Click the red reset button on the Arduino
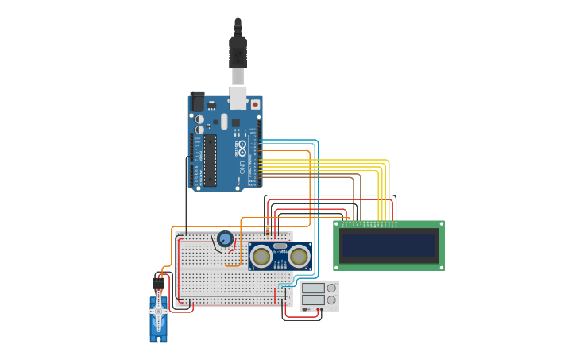click(x=255, y=103)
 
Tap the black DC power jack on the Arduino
click(x=197, y=103)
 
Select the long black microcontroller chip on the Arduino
click(x=210, y=160)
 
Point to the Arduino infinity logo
click(x=242, y=149)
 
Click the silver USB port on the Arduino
click(x=238, y=96)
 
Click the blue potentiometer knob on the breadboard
click(x=225, y=238)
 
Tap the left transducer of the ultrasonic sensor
click(x=261, y=256)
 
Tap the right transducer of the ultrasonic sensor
click(x=299, y=256)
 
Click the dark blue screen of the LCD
click(x=389, y=246)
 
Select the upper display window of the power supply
click(x=313, y=288)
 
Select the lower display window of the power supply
click(x=313, y=300)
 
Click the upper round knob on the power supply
click(x=331, y=288)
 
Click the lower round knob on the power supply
click(x=331, y=300)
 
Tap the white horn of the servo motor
click(x=158, y=312)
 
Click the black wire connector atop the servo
click(x=158, y=282)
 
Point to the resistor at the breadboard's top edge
click(x=267, y=230)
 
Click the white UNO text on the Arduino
click(x=242, y=168)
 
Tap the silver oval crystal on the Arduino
click(x=224, y=122)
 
